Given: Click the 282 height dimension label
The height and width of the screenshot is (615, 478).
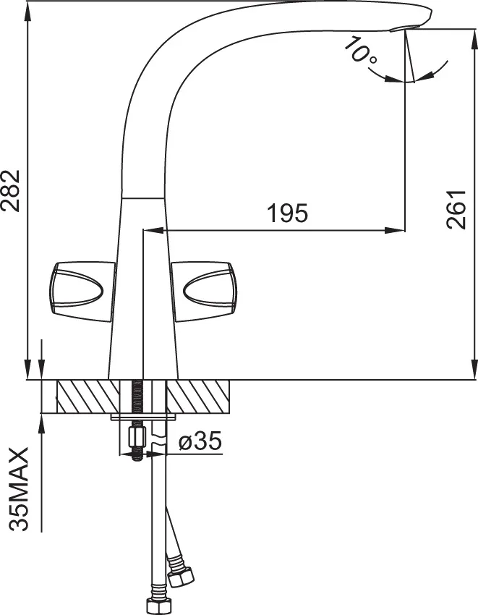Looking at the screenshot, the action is [10, 190].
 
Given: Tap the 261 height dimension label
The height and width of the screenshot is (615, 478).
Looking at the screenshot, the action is [456, 209].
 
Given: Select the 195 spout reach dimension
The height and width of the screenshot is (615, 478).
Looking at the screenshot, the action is [287, 213].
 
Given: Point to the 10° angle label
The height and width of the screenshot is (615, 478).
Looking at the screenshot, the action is [360, 50].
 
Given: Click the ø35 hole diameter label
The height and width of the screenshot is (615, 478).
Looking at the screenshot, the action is [200, 441].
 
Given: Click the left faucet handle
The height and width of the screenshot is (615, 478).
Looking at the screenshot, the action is [82, 292].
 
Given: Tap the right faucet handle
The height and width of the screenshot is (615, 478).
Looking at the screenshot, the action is [204, 292].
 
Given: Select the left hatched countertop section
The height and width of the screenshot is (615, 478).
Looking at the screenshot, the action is [88, 396].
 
